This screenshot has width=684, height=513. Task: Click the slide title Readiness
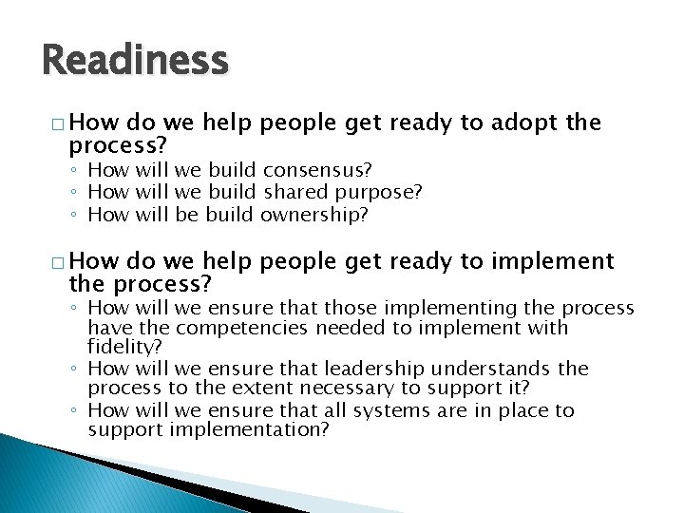click(135, 61)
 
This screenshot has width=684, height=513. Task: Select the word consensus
click(317, 170)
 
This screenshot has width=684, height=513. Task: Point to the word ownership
click(313, 214)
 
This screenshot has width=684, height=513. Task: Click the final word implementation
click(249, 430)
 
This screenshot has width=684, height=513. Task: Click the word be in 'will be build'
click(186, 214)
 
